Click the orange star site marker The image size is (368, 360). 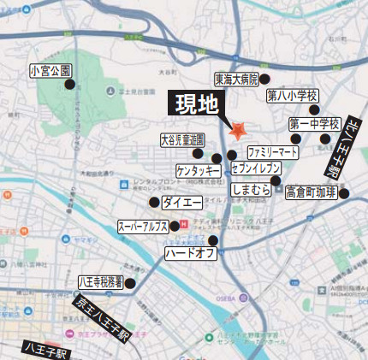click(x=238, y=131)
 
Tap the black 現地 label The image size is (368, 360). click(x=197, y=105)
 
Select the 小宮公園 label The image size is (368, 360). click(x=50, y=70)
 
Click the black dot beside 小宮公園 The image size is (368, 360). click(x=70, y=84)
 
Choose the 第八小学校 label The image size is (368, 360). click(x=292, y=95)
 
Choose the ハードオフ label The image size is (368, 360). click(x=190, y=253)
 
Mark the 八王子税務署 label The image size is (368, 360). click(x=101, y=280)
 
